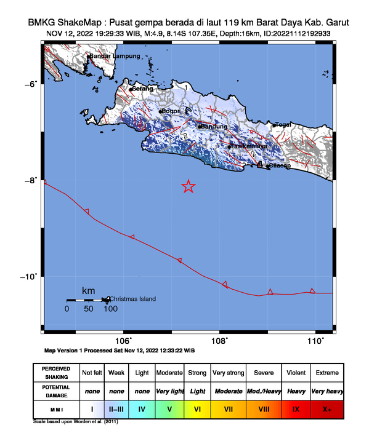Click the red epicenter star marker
(x=189, y=186)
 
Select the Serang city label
(x=143, y=89)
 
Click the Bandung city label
(x=213, y=127)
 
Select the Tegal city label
(x=283, y=125)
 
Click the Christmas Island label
(x=132, y=299)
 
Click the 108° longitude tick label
(x=220, y=341)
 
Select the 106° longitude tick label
(x=123, y=341)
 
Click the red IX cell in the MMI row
(x=296, y=408)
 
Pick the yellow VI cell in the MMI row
(x=197, y=408)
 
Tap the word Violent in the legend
(x=296, y=373)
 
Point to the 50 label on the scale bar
(x=89, y=309)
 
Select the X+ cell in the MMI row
(x=326, y=408)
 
